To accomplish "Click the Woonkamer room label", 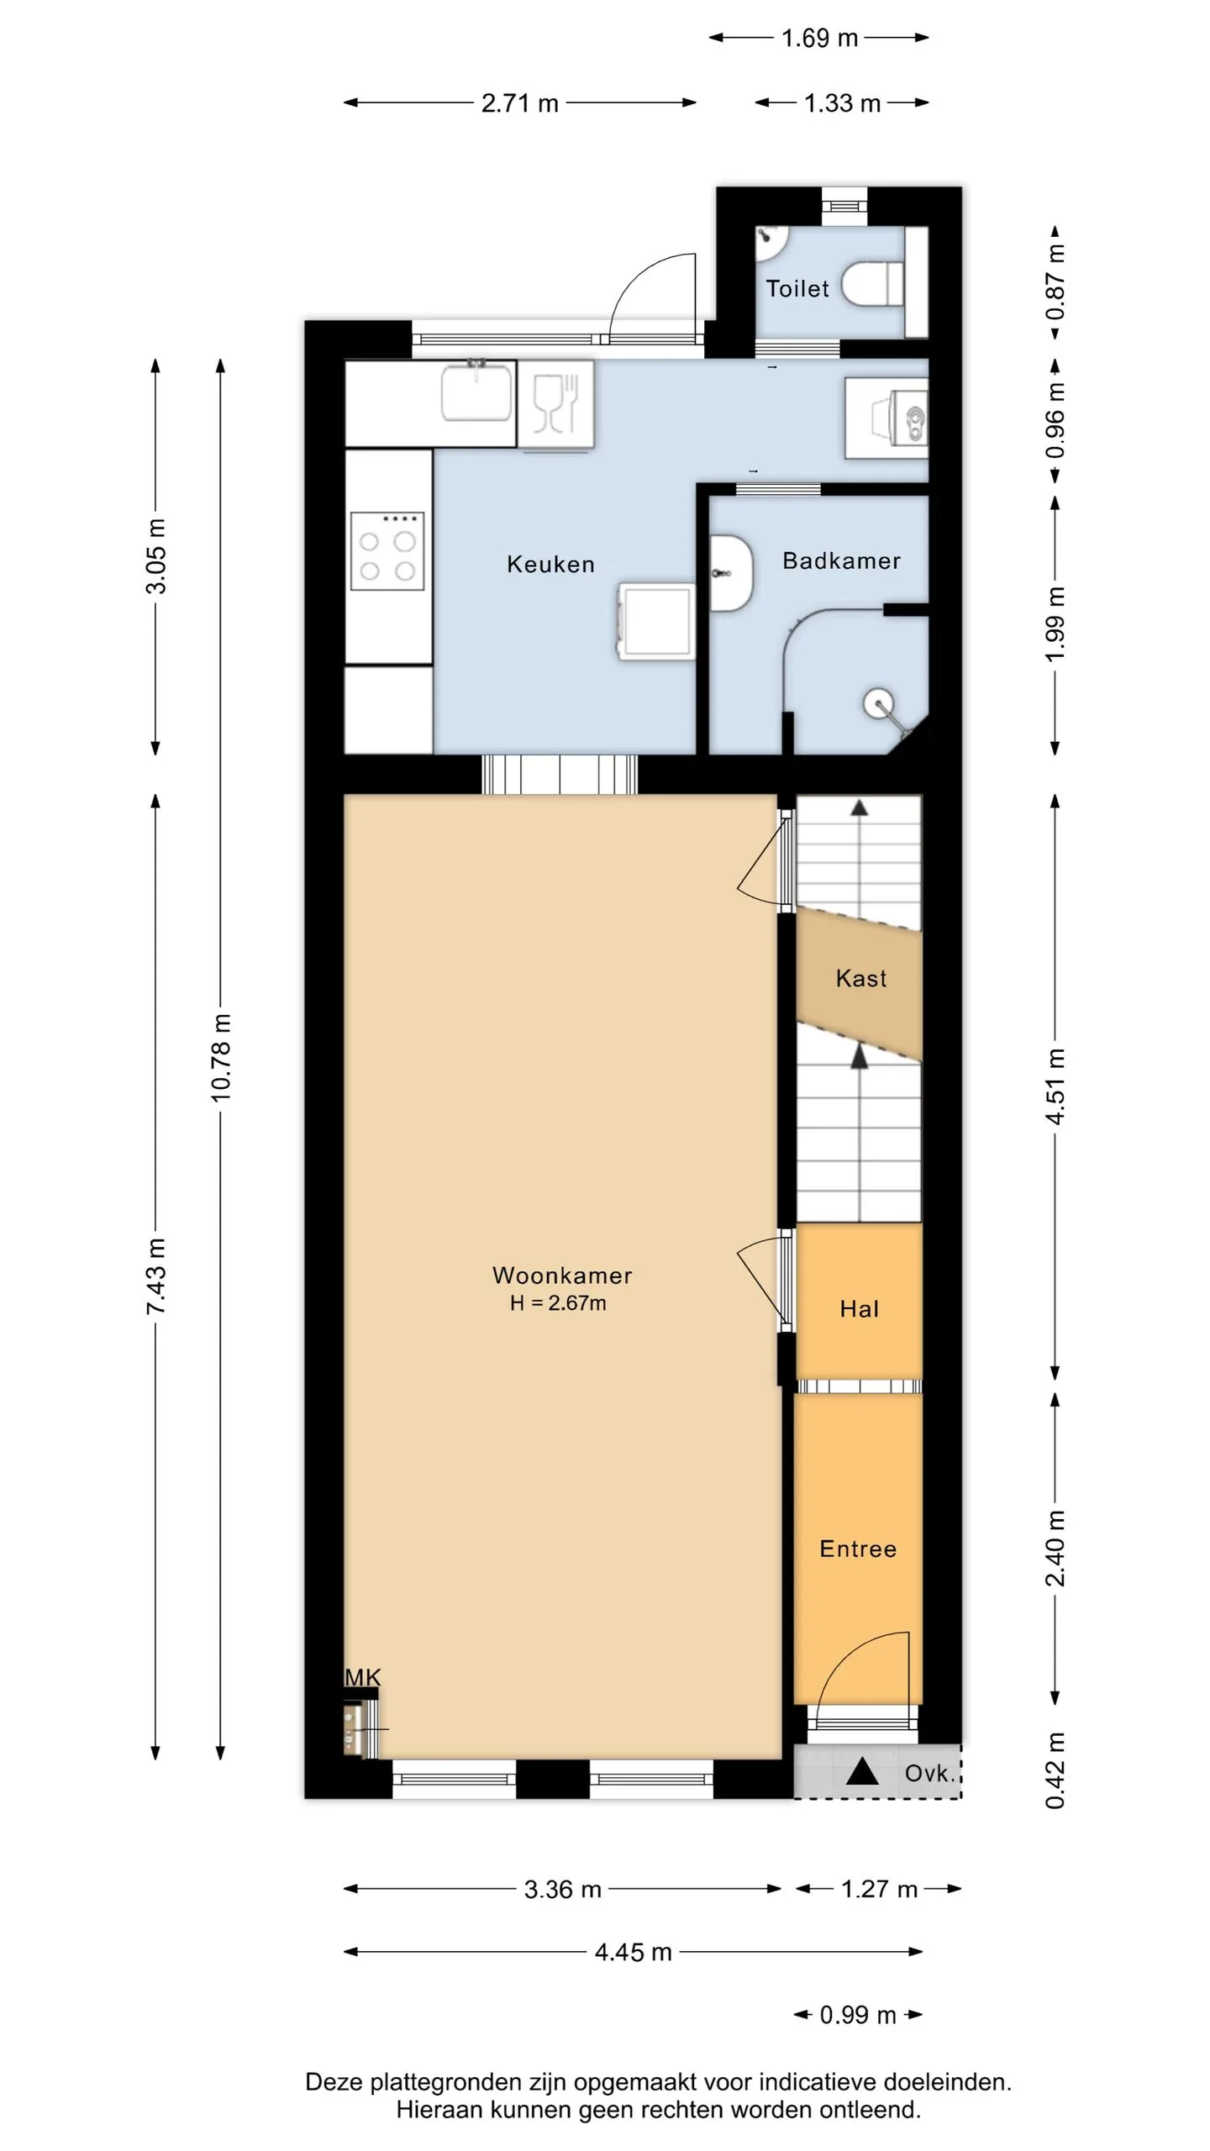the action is pyautogui.click(x=562, y=1275).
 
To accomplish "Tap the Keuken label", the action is pyautogui.click(x=550, y=564).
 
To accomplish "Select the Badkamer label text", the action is pyautogui.click(x=841, y=560).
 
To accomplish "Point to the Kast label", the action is pyautogui.click(x=861, y=978).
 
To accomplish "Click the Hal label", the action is pyautogui.click(x=860, y=1308).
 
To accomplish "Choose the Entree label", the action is pyautogui.click(x=858, y=1549).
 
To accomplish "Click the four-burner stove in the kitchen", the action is pyautogui.click(x=387, y=551).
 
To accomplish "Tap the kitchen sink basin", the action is pyautogui.click(x=476, y=390).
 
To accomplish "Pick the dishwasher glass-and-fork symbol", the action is pyautogui.click(x=555, y=403).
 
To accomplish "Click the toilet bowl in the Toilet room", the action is pyautogui.click(x=872, y=284).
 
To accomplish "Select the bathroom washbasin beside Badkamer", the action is pyautogui.click(x=731, y=573).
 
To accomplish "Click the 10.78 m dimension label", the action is pyautogui.click(x=220, y=1058).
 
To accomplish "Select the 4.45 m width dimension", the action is pyautogui.click(x=634, y=1952).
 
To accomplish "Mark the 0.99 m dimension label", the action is pyautogui.click(x=858, y=2015).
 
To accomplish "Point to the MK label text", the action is pyautogui.click(x=363, y=1677).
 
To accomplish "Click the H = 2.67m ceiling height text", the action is pyautogui.click(x=558, y=1303).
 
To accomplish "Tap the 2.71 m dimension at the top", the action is pyautogui.click(x=520, y=103).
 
